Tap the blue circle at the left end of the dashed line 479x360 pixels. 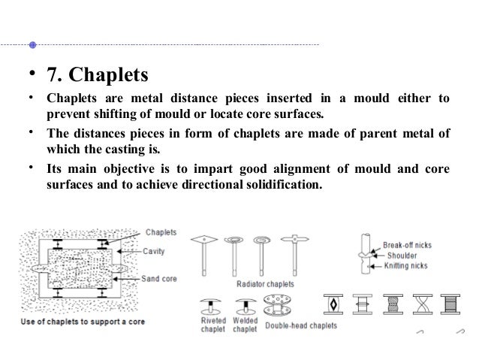coord(32,44)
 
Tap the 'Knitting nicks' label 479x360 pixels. coord(409,266)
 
